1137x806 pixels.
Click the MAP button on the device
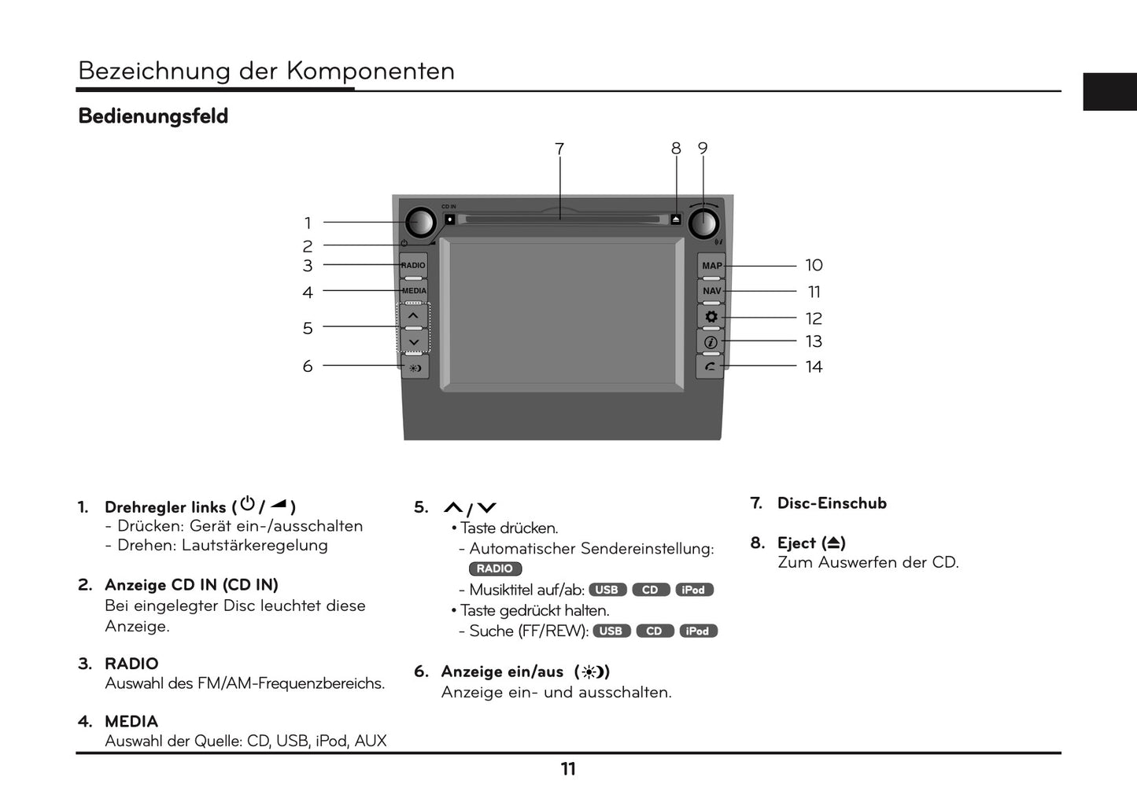pyautogui.click(x=711, y=266)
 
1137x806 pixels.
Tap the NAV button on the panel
pyautogui.click(x=711, y=291)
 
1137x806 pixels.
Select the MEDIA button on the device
pyautogui.click(x=414, y=291)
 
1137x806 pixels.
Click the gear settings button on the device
pyautogui.click(x=711, y=317)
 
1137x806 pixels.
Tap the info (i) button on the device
pyautogui.click(x=711, y=342)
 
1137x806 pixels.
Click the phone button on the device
pyautogui.click(x=711, y=366)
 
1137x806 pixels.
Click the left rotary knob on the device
pyautogui.click(x=421, y=223)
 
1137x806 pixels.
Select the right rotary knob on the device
pyautogui.click(x=703, y=224)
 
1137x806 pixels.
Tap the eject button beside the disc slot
pyautogui.click(x=676, y=219)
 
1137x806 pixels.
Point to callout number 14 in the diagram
pyautogui.click(x=814, y=367)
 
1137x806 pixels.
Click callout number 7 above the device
pyautogui.click(x=559, y=149)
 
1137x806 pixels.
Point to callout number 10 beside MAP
pyautogui.click(x=814, y=266)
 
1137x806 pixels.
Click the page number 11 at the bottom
pyautogui.click(x=568, y=769)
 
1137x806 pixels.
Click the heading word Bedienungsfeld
pyautogui.click(x=153, y=116)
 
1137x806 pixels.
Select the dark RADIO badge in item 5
pyautogui.click(x=495, y=569)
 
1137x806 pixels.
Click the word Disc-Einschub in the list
pyautogui.click(x=832, y=503)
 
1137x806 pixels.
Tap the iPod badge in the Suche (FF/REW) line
pyautogui.click(x=697, y=631)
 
